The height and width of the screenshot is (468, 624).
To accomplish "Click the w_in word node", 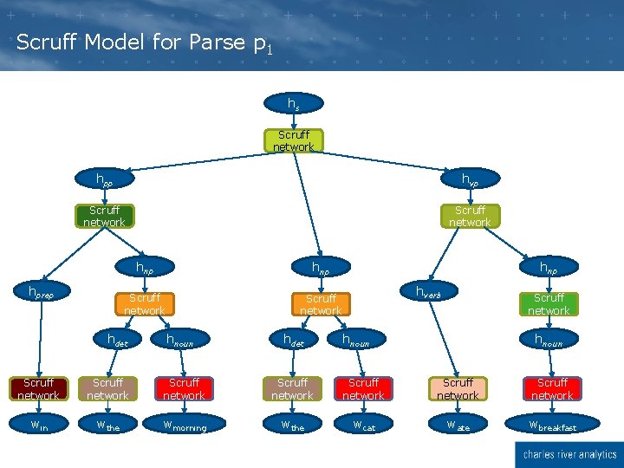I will [38, 426].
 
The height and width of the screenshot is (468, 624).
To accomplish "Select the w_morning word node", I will [184, 426].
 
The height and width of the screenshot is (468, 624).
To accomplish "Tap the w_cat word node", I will [364, 426].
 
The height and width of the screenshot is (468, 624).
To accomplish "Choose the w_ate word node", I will [458, 426].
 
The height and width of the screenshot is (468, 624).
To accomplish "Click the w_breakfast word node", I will [552, 426].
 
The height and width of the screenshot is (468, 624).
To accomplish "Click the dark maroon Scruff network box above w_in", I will [38, 388].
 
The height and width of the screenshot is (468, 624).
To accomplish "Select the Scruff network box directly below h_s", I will [294, 140].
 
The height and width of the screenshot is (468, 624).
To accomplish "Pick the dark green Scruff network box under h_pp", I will [104, 216].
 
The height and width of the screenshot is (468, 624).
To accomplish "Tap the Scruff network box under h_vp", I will [470, 216].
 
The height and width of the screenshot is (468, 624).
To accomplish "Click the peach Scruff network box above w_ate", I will [458, 388].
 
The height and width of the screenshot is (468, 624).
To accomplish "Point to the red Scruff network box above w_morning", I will [184, 388].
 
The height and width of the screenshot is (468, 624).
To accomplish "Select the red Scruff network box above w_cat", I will [364, 388].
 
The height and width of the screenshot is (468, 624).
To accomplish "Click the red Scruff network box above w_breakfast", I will [552, 388].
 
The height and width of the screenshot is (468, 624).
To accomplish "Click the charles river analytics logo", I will [567, 453].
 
